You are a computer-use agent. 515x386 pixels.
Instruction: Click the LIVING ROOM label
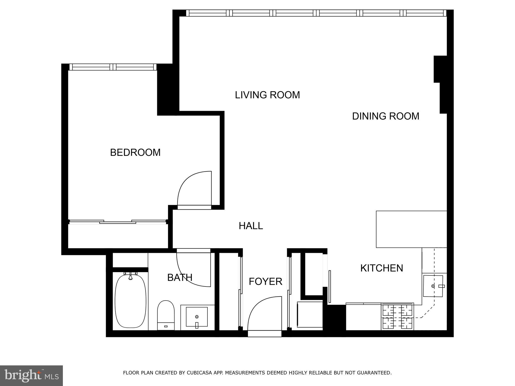[x=267, y=95]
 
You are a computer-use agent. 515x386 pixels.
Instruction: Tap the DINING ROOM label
[x=385, y=116]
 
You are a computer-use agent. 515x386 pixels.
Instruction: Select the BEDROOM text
[x=135, y=153]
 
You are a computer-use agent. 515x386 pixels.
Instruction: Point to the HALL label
[x=251, y=226]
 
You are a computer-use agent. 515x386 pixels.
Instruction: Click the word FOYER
[x=265, y=281]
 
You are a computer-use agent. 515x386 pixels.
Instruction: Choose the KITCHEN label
[x=381, y=268]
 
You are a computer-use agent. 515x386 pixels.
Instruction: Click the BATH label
[x=180, y=277]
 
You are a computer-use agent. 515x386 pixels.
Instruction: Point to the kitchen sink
[x=433, y=286]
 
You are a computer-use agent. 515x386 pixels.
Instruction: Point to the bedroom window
[x=113, y=67]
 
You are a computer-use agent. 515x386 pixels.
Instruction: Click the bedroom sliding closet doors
[x=118, y=222]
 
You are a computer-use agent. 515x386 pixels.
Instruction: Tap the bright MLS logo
[x=31, y=375]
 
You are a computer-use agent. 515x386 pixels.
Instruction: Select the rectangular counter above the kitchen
[x=411, y=229]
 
